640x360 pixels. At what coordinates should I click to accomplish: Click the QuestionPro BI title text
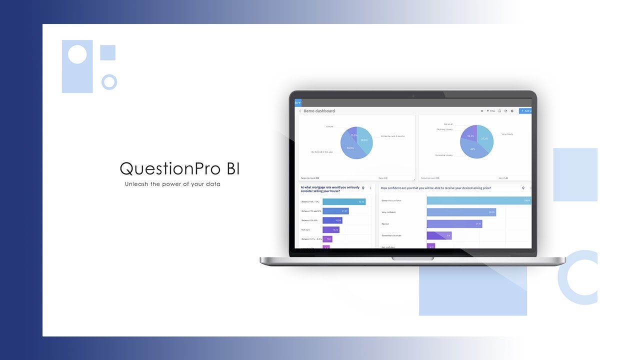179,169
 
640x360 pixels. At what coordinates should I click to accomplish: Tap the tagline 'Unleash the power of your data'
172,184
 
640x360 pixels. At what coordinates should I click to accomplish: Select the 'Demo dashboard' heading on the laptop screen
319,111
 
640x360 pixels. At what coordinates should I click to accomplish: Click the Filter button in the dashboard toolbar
491,111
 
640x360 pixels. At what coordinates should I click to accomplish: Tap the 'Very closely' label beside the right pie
507,134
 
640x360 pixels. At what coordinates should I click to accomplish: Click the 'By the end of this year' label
322,151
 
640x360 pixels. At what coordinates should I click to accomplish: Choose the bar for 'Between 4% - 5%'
344,202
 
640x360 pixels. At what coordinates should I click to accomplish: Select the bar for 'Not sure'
331,229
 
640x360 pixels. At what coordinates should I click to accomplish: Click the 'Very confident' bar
461,212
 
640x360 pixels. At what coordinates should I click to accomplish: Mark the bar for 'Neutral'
454,224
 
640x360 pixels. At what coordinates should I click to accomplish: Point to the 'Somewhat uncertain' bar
439,235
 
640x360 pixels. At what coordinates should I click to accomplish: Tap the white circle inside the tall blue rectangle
77,54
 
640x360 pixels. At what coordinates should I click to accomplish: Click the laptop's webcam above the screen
413,95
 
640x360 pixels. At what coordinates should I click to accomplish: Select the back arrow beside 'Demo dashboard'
300,111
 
